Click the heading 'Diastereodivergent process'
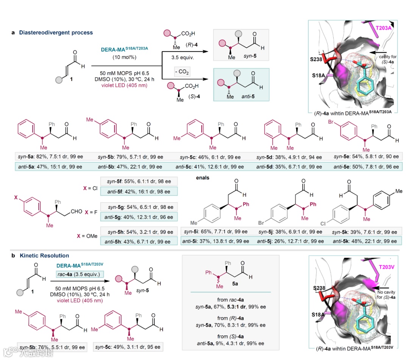(55, 33)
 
